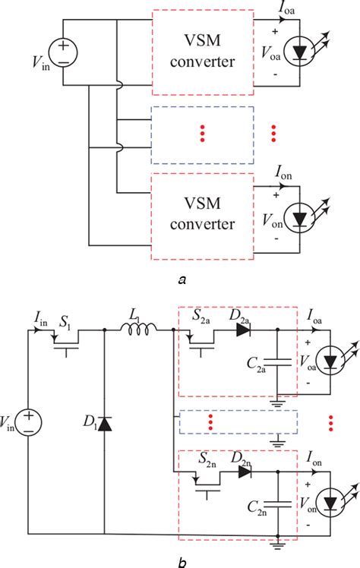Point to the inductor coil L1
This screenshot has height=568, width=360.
tap(141, 329)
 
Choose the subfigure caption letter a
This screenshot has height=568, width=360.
tap(181, 279)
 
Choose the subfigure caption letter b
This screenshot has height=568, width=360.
tap(179, 560)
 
